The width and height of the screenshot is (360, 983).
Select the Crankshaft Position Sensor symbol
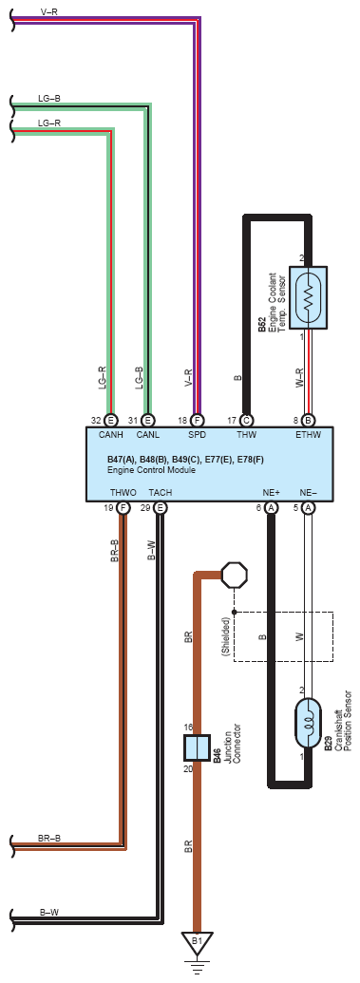308,722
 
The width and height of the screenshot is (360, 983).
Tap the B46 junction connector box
197,747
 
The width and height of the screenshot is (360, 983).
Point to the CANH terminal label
112,434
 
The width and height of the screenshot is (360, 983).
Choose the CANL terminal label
148,434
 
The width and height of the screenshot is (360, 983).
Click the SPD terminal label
198,434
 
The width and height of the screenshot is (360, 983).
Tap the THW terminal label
246,434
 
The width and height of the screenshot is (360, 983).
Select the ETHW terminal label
309,434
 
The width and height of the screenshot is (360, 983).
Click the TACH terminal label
161,493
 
